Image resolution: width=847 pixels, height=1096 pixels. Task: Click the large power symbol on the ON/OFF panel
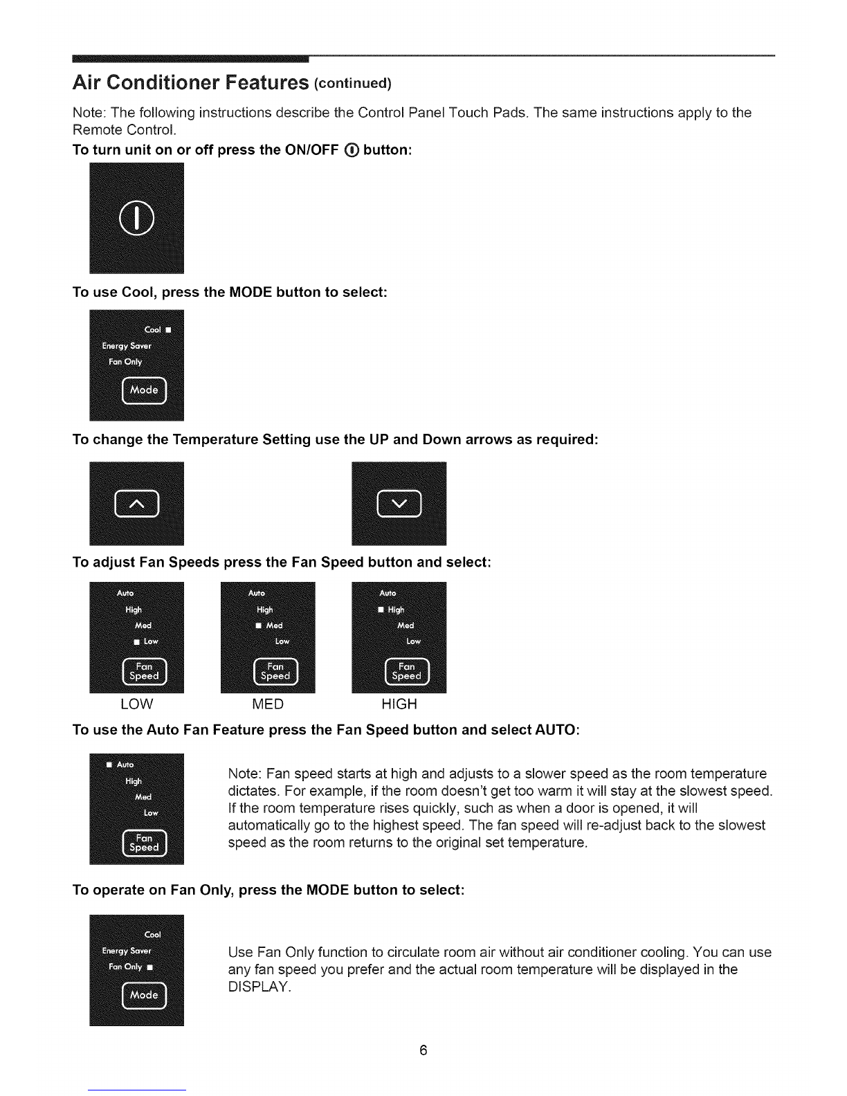pyautogui.click(x=136, y=218)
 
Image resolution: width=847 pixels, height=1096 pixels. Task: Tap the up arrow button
pyautogui.click(x=137, y=503)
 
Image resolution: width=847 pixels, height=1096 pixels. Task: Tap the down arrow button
pyautogui.click(x=399, y=503)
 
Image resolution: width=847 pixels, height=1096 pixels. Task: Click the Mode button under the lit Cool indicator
pyautogui.click(x=144, y=390)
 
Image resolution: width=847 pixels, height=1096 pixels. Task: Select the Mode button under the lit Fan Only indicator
pyautogui.click(x=144, y=995)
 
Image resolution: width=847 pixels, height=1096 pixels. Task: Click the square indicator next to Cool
pyautogui.click(x=168, y=330)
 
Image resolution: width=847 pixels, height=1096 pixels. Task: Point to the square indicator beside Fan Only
pyautogui.click(x=150, y=967)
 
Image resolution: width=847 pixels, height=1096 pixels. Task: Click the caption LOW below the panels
pyautogui.click(x=137, y=704)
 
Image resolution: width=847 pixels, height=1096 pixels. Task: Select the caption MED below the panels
pyautogui.click(x=268, y=704)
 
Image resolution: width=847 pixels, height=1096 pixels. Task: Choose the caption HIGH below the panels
pyautogui.click(x=399, y=704)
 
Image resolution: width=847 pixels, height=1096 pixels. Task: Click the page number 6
pyautogui.click(x=423, y=1050)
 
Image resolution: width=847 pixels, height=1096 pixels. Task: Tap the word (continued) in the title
pyautogui.click(x=353, y=83)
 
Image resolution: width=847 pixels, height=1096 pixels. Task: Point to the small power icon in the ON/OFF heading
pyautogui.click(x=352, y=150)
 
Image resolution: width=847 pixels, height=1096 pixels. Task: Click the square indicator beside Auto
pyautogui.click(x=109, y=765)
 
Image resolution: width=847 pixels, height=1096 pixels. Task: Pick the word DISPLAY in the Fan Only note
pyautogui.click(x=259, y=987)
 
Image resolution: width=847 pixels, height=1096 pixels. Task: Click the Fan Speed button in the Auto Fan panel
pyautogui.click(x=144, y=843)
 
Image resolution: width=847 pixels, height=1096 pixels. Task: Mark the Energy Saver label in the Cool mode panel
pyautogui.click(x=127, y=346)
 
